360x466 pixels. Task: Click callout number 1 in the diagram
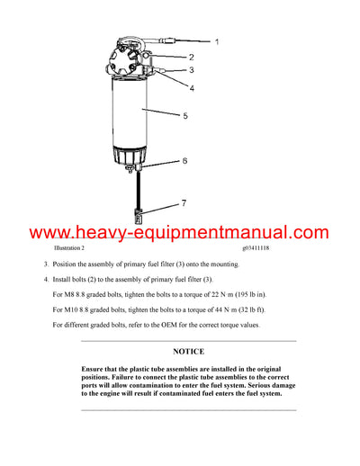tap(216, 41)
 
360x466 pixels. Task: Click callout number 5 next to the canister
tap(184, 116)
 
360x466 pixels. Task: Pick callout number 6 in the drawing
tap(184, 161)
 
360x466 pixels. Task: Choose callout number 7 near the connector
tap(184, 202)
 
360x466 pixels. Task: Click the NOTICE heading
tap(188, 352)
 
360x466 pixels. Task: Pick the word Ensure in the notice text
tap(95, 370)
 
